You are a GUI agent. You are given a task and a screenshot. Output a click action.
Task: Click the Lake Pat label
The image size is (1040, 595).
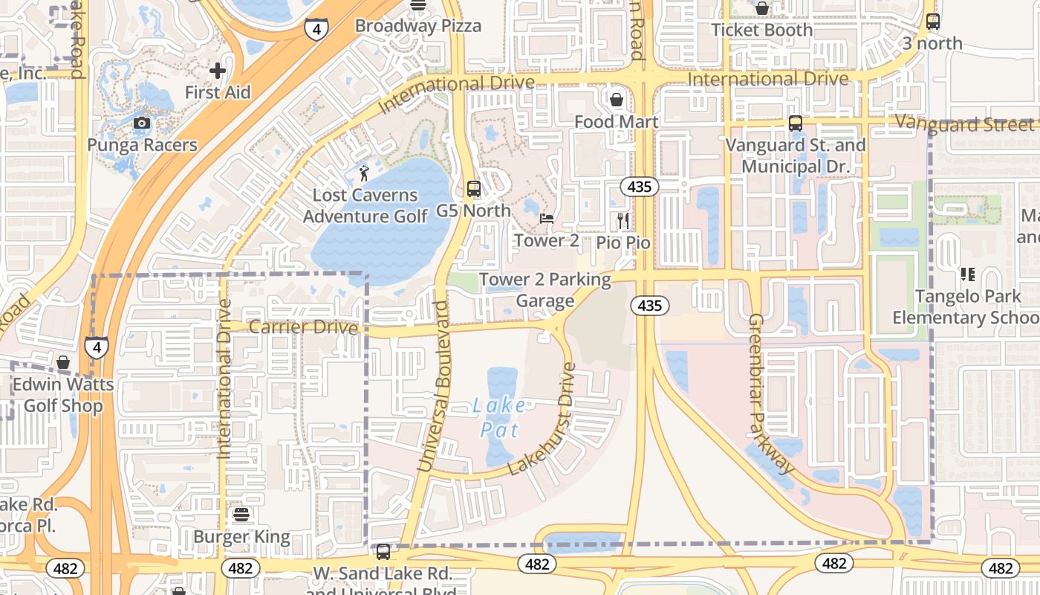pos(499,417)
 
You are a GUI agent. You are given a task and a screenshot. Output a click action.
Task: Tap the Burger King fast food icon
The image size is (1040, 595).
pos(241,514)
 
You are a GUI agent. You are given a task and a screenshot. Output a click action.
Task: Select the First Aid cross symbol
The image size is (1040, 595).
pos(218,71)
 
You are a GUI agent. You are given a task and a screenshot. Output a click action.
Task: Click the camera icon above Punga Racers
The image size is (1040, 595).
pos(142,123)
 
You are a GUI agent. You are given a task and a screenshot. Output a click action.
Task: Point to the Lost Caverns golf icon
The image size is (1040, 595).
pos(364,173)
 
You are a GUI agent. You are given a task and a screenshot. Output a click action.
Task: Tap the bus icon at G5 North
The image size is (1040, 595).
pos(473,189)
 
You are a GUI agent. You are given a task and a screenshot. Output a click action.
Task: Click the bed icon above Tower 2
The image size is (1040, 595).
pos(547,219)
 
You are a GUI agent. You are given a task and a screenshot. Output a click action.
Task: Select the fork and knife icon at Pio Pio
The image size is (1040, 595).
pos(623,221)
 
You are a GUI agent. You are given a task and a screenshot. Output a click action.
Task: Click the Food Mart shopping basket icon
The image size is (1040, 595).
pos(617,100)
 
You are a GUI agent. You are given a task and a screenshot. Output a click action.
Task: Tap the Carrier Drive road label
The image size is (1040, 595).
pos(303,327)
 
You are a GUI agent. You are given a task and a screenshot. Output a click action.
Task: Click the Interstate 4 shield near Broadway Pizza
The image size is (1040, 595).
pos(316,29)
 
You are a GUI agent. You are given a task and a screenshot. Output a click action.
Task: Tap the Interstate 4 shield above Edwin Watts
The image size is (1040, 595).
pos(96,347)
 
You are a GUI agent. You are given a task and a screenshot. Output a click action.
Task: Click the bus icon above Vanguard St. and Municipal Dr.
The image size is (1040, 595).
pos(796,123)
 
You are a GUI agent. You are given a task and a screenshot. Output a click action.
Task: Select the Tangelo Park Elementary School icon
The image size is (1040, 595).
pos(967,274)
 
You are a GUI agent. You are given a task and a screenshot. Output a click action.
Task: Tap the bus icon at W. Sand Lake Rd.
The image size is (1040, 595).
pos(383,552)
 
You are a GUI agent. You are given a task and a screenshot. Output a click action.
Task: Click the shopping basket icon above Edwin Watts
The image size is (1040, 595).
pos(63,362)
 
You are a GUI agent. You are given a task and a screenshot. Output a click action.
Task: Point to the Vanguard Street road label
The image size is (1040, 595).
pos(966,123)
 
